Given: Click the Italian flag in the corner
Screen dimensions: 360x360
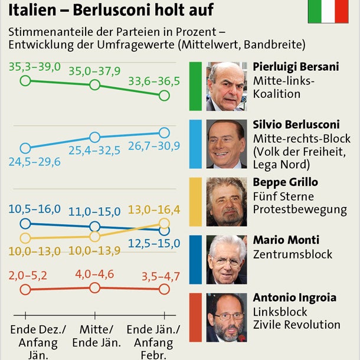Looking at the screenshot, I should [x=328, y=12].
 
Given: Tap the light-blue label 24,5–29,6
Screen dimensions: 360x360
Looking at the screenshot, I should [x=37, y=162].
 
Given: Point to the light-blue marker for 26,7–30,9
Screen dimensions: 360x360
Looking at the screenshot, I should [x=164, y=133].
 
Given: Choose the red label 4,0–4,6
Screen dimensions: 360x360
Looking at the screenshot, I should [x=94, y=274].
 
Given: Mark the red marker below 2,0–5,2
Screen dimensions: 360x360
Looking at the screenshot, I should [x=25, y=289].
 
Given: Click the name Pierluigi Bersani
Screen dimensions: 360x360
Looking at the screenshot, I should [x=296, y=67].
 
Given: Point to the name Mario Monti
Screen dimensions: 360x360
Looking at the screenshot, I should [x=286, y=240].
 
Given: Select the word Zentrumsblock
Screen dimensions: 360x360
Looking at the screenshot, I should [x=293, y=255].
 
